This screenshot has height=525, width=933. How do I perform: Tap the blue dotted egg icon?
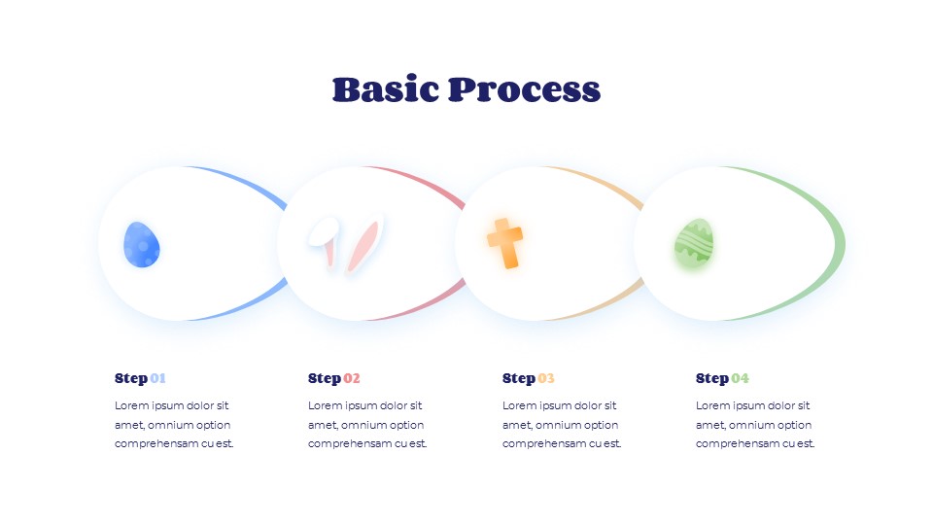[x=142, y=244]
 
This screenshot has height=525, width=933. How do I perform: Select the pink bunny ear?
[x=363, y=246]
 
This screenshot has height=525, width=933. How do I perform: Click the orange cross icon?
[x=504, y=242]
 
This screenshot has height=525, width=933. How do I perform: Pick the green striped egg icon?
[x=694, y=243]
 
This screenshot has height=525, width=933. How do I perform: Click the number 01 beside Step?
[x=158, y=378]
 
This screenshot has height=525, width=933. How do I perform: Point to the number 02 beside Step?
[x=352, y=378]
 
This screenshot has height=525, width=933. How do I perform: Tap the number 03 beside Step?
[x=546, y=378]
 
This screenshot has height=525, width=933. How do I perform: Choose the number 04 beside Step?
[x=741, y=378]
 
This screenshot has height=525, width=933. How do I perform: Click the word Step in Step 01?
[x=131, y=378]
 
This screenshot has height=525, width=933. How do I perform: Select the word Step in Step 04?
[x=712, y=378]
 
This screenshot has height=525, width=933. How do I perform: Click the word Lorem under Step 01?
[x=131, y=405]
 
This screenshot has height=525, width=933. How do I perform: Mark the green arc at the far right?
[x=839, y=243]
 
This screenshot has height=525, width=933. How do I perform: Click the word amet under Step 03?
[x=516, y=425]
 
